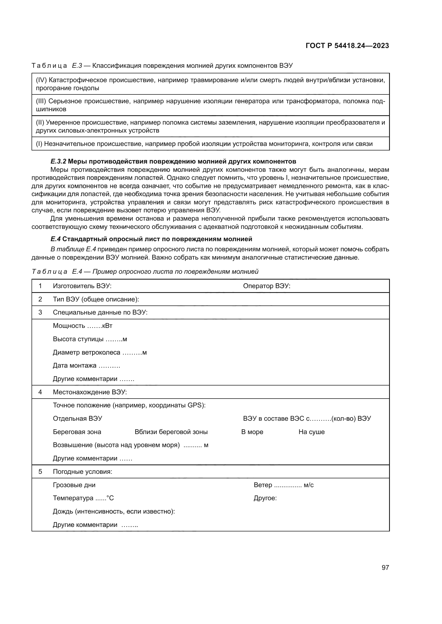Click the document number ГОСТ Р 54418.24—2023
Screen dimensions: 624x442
coord(347,46)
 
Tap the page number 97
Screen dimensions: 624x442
coord(385,567)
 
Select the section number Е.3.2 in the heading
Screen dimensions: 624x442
coord(58,161)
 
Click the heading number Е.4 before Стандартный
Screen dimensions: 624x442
coord(55,239)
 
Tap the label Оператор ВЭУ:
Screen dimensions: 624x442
coord(266,286)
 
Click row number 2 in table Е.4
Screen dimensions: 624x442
coord(40,299)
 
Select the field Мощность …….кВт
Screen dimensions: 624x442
coord(83,325)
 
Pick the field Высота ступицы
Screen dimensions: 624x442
coord(90,339)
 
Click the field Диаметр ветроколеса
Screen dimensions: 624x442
coord(100,352)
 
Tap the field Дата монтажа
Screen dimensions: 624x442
coord(86,365)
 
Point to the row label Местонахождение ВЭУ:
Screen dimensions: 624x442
coord(90,392)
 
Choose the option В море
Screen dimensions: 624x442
coord(252,432)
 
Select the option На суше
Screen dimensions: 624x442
coord(311,432)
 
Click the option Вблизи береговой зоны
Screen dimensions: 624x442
coord(171,432)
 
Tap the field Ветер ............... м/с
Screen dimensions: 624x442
coord(283,485)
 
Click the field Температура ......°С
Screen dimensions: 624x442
coord(83,498)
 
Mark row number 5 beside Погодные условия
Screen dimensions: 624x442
coord(40,471)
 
